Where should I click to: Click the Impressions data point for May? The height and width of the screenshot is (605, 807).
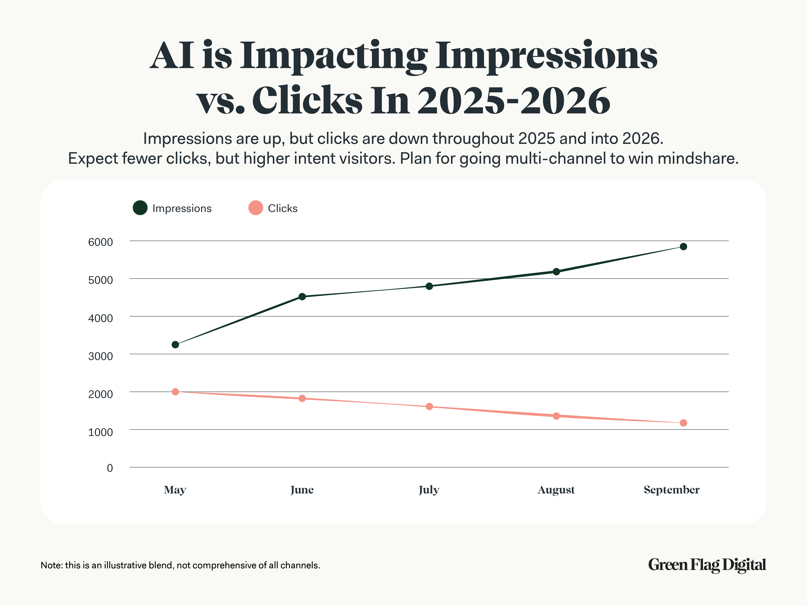click(175, 345)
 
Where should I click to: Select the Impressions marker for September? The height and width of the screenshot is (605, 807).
click(683, 247)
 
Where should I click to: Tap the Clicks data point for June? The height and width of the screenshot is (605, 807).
click(302, 398)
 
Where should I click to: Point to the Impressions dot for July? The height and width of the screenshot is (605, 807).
click(429, 286)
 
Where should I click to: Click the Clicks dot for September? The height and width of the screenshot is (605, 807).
click(683, 423)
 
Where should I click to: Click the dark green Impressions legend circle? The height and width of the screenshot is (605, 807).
click(140, 208)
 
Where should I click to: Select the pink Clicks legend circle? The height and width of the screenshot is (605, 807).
click(256, 208)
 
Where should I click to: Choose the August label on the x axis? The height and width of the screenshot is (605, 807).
click(556, 490)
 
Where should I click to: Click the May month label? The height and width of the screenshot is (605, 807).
click(175, 490)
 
